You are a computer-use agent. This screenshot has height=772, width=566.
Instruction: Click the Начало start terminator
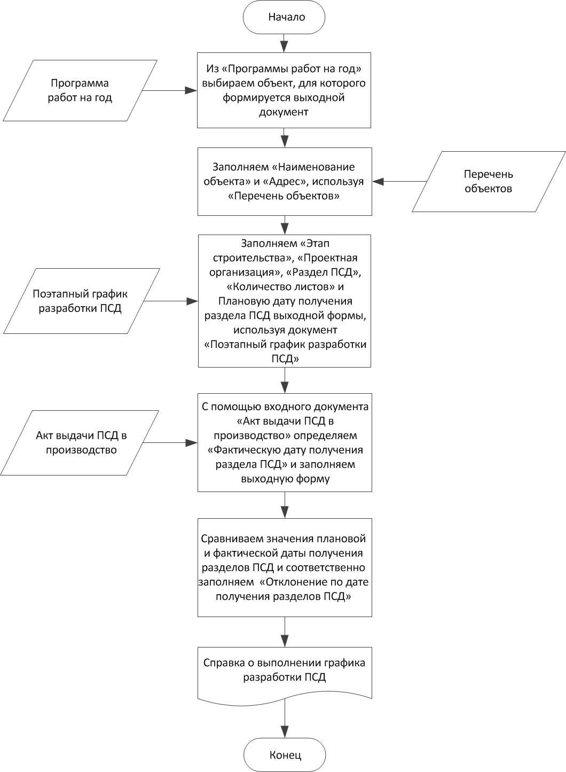coord(284,17)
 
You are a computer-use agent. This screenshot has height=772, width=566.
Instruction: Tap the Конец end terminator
coord(285,755)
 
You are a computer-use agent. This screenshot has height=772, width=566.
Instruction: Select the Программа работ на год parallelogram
coord(80,91)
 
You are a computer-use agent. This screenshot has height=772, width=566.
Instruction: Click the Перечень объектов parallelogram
coord(489,182)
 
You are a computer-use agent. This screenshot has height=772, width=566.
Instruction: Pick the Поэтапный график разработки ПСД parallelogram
coord(81,301)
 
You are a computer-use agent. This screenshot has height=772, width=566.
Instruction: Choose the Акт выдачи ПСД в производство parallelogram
coord(80,442)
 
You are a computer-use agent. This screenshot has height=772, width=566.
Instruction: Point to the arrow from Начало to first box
coord(284,43)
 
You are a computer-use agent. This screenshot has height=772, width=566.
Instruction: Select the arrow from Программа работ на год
coord(170,91)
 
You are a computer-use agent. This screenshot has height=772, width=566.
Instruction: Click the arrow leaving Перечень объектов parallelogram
coord(399,182)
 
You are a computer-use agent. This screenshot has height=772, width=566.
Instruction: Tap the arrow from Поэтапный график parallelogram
coord(171,301)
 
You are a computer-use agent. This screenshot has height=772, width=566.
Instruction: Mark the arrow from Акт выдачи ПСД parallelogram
coord(170,443)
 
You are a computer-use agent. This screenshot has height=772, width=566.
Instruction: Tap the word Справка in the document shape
coord(224,662)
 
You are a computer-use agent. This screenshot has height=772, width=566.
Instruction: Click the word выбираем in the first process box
coord(227,83)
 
